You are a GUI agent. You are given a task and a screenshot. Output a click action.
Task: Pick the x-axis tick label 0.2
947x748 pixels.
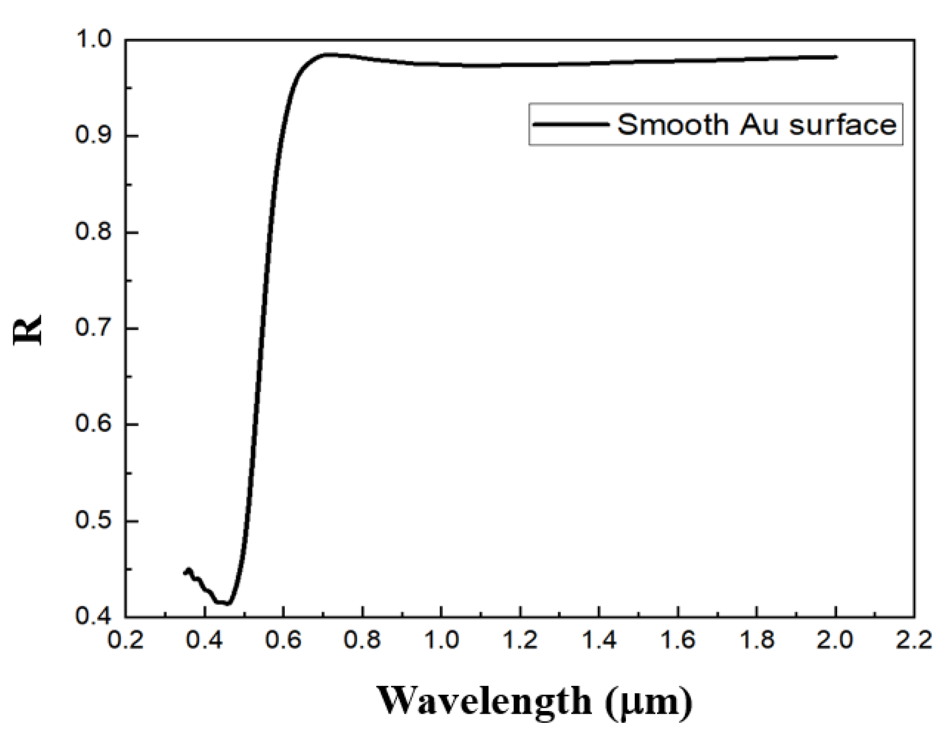coord(126,640)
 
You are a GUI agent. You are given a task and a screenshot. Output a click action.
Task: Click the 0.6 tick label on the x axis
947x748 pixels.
coord(284,640)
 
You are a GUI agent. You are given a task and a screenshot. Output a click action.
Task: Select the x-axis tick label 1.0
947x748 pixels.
coord(441,640)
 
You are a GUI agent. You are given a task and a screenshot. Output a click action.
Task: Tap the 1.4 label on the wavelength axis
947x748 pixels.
coord(599,640)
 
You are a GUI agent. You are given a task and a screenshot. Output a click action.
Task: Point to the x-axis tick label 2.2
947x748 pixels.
coord(914,640)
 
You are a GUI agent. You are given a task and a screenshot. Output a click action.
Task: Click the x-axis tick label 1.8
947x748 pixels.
coord(757,640)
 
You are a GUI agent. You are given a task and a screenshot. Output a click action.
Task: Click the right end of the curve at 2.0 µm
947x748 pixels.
coord(835,57)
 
